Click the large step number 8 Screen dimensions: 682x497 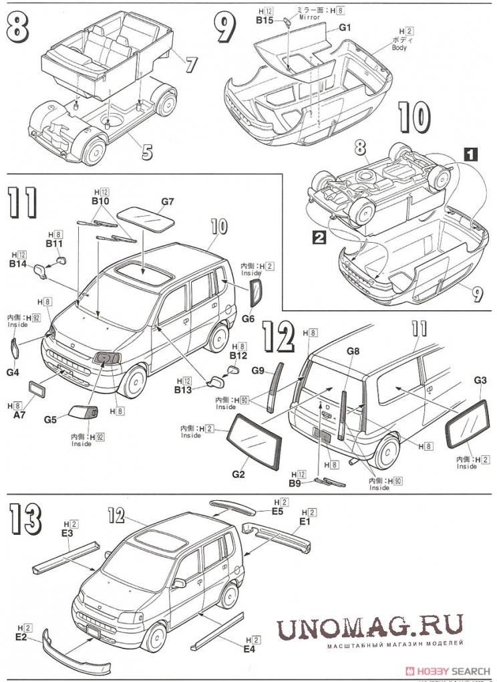(x=19, y=29)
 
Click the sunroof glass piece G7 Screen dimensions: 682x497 (x=144, y=218)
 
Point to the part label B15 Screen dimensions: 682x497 (x=265, y=20)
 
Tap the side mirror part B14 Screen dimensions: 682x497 (x=41, y=269)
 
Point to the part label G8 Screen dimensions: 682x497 (x=353, y=351)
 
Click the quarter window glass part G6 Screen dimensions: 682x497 (x=255, y=292)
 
